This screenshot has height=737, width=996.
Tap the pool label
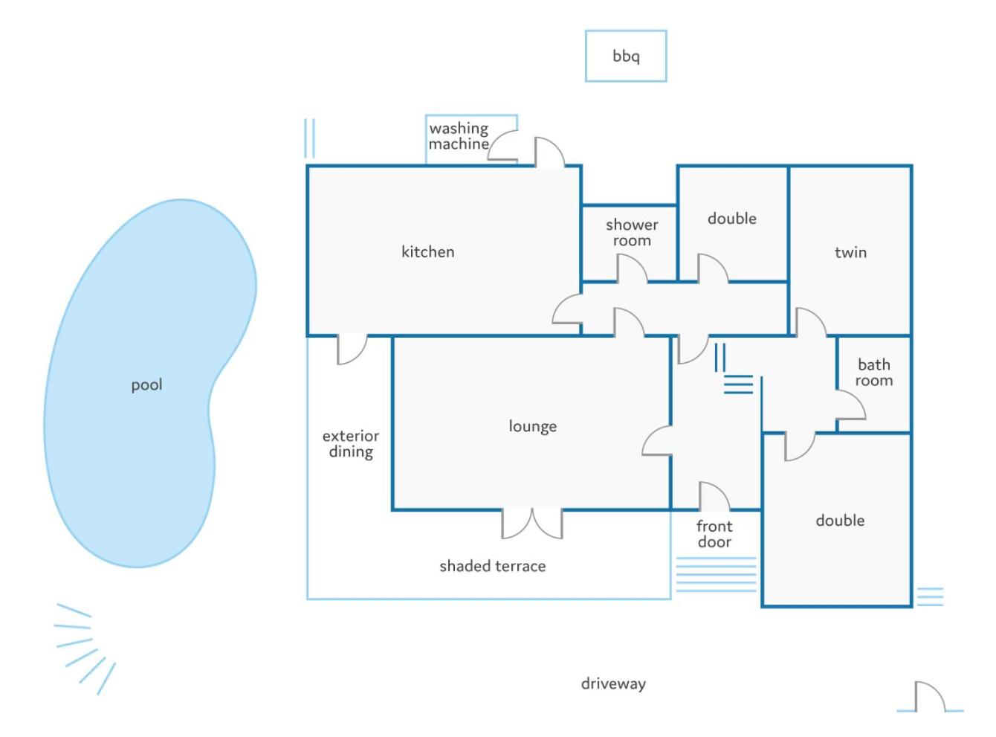(146, 385)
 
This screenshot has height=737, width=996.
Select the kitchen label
(427, 251)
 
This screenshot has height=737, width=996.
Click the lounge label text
(532, 426)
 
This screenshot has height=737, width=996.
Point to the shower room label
(632, 232)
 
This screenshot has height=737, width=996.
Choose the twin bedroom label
(850, 252)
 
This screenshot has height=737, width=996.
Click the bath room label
(873, 372)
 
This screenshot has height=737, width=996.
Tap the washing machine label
(459, 135)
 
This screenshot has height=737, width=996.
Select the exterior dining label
(351, 443)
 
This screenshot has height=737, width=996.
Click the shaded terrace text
(492, 566)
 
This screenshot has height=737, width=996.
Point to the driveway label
(613, 683)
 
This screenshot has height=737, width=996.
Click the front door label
(714, 533)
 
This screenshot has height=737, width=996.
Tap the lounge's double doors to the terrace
(531, 523)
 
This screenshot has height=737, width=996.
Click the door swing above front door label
(714, 496)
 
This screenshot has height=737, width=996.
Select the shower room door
(632, 268)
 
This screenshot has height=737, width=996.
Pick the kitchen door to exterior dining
(352, 350)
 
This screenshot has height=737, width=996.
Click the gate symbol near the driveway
(930, 697)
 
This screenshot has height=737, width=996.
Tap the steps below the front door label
(717, 574)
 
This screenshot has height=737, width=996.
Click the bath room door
(850, 405)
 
